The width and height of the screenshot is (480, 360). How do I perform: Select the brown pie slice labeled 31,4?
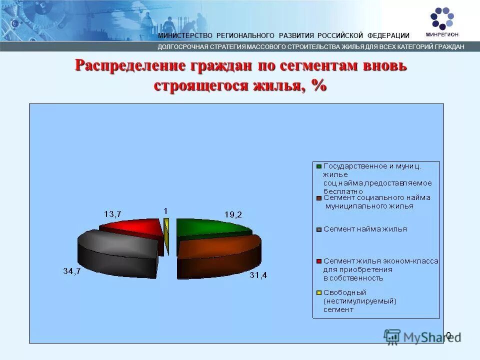[220, 255]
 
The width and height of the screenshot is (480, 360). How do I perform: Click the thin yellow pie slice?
[166, 235]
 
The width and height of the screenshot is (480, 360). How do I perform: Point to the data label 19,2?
[233, 214]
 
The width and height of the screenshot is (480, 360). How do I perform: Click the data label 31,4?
[258, 275]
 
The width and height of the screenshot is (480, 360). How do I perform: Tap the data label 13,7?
[112, 214]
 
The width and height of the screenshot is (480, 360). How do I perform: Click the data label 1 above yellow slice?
[165, 211]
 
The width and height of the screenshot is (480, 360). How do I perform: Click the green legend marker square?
[318, 165]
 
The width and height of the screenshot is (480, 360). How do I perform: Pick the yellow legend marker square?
[318, 292]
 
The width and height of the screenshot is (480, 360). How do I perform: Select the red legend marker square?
[318, 261]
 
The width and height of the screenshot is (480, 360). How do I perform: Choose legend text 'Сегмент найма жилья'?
[365, 229]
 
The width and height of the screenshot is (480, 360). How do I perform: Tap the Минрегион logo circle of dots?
[442, 18]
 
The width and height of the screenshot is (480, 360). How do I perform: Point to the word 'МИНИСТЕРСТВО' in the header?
[185, 35]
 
